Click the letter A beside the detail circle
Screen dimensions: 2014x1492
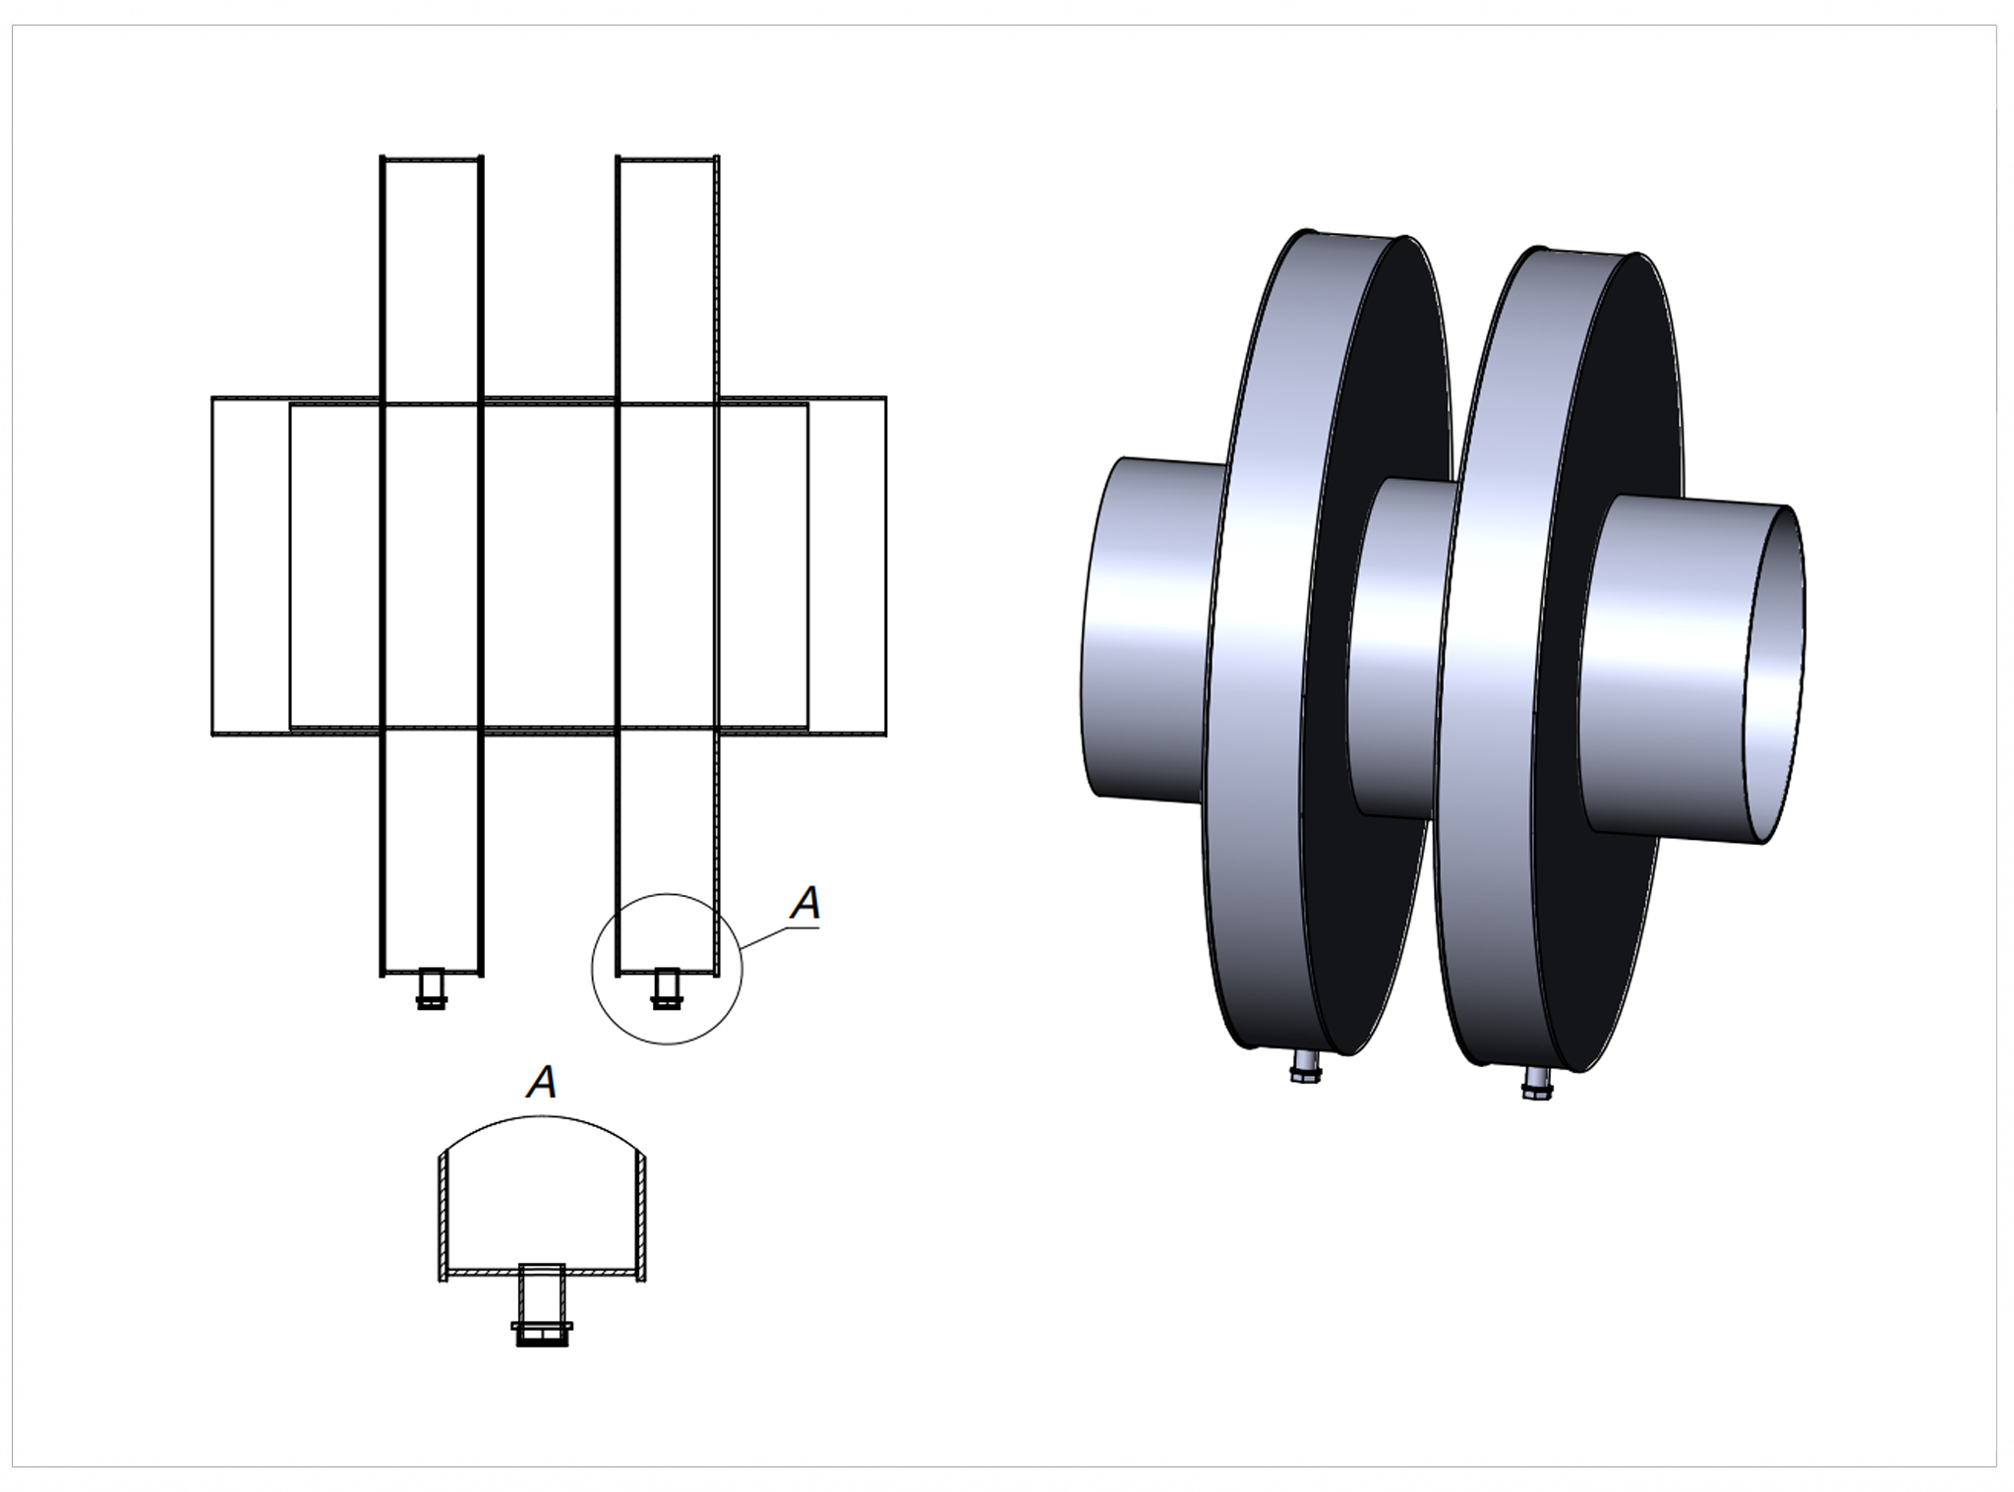coord(806,903)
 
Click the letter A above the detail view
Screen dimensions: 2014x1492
coord(542,1082)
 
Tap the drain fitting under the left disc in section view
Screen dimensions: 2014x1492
coord(431,987)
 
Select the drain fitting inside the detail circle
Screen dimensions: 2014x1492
coord(667,987)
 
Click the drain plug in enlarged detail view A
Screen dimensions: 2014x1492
coord(542,1304)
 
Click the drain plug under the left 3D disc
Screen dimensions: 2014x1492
coord(1307,1065)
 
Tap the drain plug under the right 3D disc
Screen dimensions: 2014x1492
coord(1538,1082)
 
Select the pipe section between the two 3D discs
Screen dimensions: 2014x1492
coord(1396,649)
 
